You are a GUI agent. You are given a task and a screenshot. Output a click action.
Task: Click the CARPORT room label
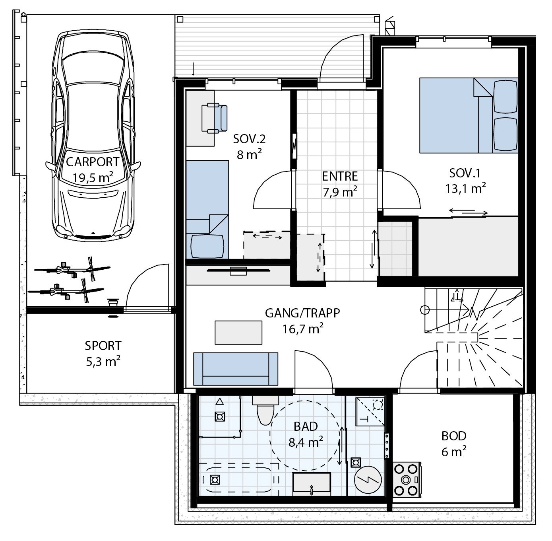pos(92,162)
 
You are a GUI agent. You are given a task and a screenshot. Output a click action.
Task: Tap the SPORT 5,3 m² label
pos(103,354)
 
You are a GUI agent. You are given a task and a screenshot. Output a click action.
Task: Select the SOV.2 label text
pos(249,139)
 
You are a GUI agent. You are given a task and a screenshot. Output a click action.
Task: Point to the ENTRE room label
pos(340,176)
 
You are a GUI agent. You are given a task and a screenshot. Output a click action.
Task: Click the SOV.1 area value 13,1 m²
pos(465,189)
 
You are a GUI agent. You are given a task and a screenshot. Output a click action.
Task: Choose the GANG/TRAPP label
pos(302,313)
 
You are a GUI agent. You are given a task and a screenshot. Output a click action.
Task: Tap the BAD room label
pos(306,426)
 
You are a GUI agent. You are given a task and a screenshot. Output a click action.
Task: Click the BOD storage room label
pos(454,436)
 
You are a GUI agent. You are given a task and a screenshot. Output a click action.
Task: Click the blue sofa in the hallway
pos(236,369)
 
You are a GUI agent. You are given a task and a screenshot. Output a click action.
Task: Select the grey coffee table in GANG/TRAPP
pos(238,333)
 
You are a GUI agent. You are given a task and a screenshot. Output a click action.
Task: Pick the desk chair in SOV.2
pos(215,118)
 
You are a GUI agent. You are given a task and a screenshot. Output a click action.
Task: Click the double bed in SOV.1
pos(469,115)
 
